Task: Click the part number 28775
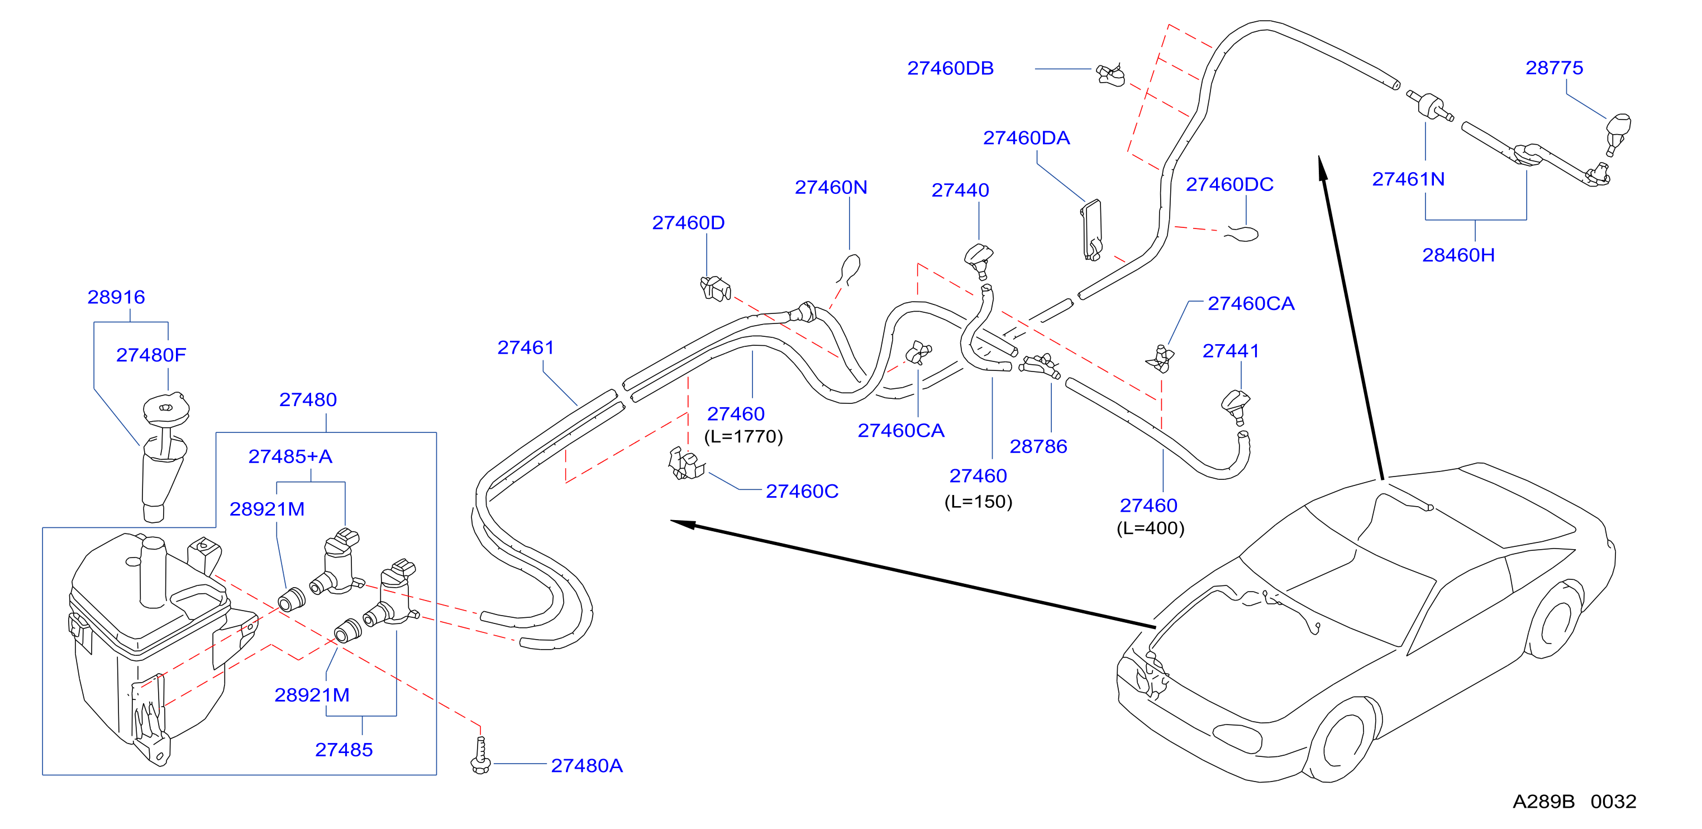(x=1554, y=68)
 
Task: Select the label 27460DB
(x=950, y=69)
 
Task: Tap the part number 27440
(x=960, y=190)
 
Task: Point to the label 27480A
(x=587, y=765)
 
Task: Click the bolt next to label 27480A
(x=480, y=755)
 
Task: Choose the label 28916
(x=116, y=297)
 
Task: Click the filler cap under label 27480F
(x=166, y=408)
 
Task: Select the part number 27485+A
(x=290, y=456)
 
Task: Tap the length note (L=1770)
(x=743, y=437)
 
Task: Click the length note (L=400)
(x=1150, y=528)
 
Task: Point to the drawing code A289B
(x=1543, y=801)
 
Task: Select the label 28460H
(x=1458, y=255)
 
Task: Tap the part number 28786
(x=1038, y=446)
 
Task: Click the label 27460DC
(x=1229, y=184)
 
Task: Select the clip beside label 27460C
(x=686, y=463)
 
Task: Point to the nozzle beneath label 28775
(x=1618, y=134)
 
